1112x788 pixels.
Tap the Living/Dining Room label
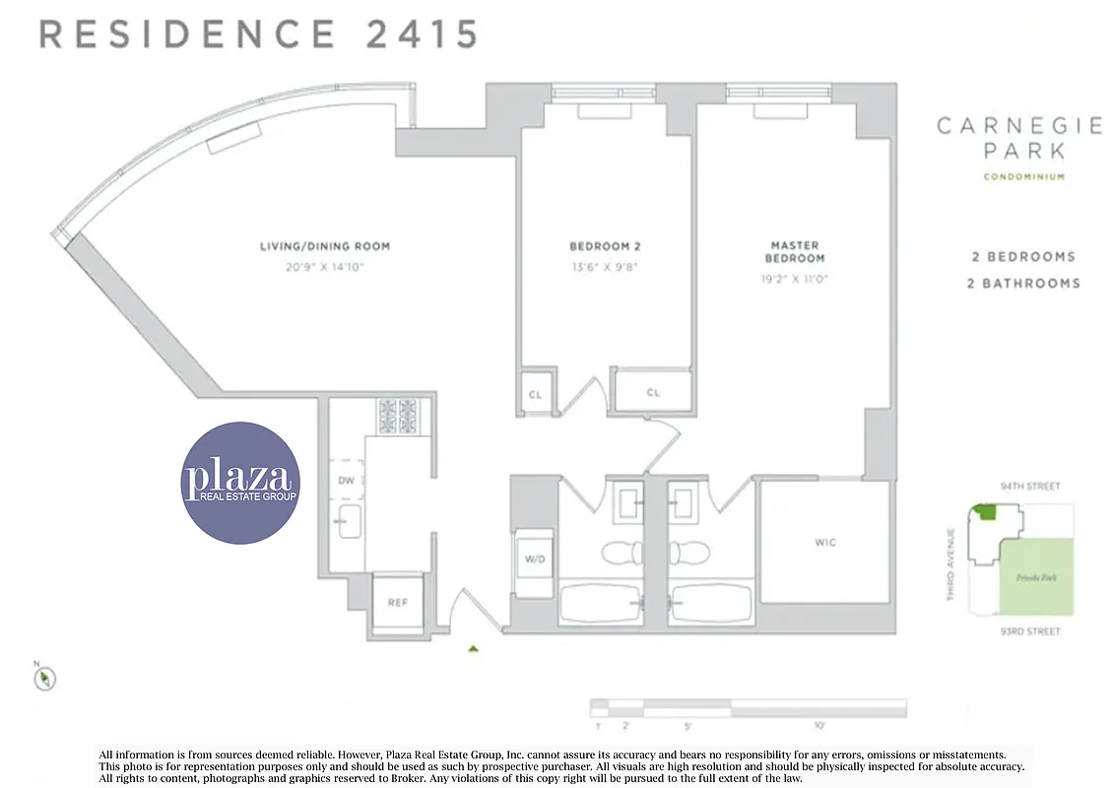click(317, 246)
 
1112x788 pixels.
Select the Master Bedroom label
click(795, 251)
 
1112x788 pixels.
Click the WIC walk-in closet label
click(825, 543)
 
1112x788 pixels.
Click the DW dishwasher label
click(346, 481)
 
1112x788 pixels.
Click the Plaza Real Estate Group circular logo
click(239, 483)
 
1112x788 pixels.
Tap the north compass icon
click(45, 678)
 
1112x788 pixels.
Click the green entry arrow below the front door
click(474, 649)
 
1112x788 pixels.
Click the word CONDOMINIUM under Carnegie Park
click(1023, 177)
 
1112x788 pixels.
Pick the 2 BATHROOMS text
click(1024, 284)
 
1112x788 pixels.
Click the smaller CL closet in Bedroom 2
click(535, 393)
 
